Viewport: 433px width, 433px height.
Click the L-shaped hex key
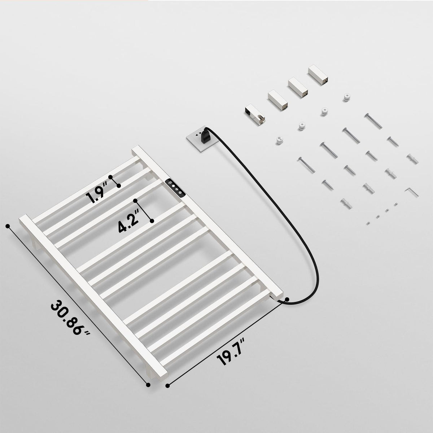412,192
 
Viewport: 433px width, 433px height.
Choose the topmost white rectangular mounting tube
318,75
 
